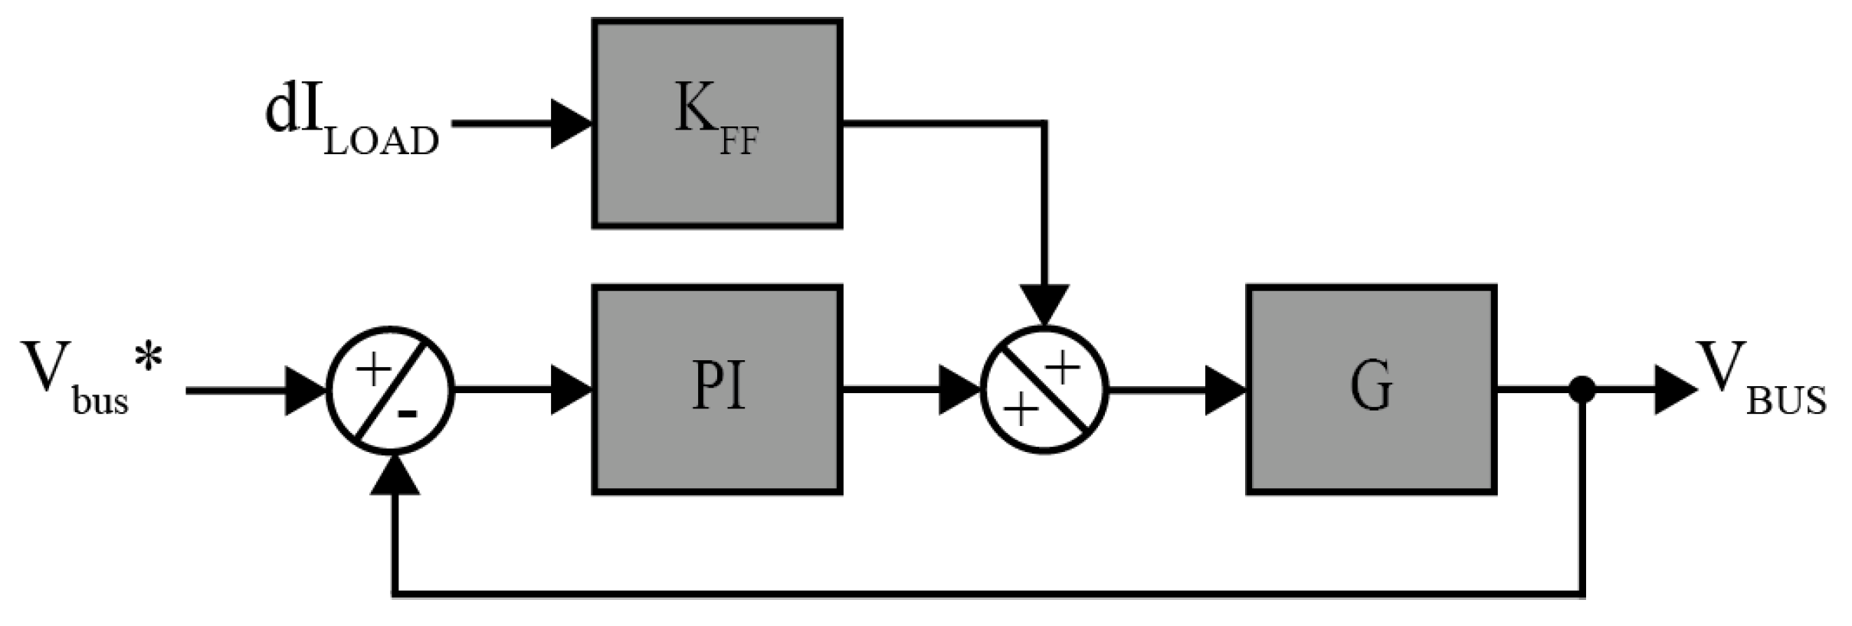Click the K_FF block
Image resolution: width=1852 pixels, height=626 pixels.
pyautogui.click(x=717, y=123)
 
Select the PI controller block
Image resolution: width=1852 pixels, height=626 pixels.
pyautogui.click(x=717, y=390)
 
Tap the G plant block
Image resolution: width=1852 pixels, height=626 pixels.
pyautogui.click(x=1372, y=390)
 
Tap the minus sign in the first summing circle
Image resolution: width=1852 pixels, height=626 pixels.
pyautogui.click(x=408, y=415)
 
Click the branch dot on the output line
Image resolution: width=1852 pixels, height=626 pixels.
pyautogui.click(x=1582, y=390)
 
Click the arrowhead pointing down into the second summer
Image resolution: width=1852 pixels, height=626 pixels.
pyautogui.click(x=1045, y=304)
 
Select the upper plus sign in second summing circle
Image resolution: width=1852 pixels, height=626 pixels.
pyautogui.click(x=1064, y=369)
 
